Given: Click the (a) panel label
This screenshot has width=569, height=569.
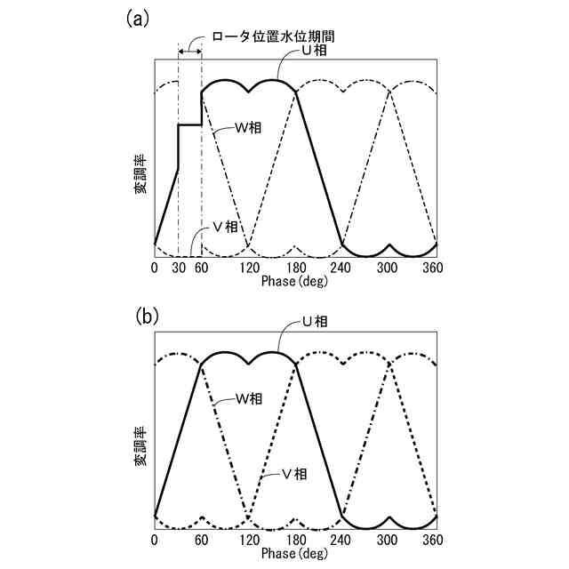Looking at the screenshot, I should coord(139,19).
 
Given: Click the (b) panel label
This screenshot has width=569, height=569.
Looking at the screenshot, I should coord(146,315).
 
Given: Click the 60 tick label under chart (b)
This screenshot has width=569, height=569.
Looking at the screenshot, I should coord(202,541).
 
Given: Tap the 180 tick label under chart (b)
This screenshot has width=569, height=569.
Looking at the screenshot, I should coord(295,541).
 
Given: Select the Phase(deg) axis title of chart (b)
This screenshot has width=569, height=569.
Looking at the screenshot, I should coord(295,554).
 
